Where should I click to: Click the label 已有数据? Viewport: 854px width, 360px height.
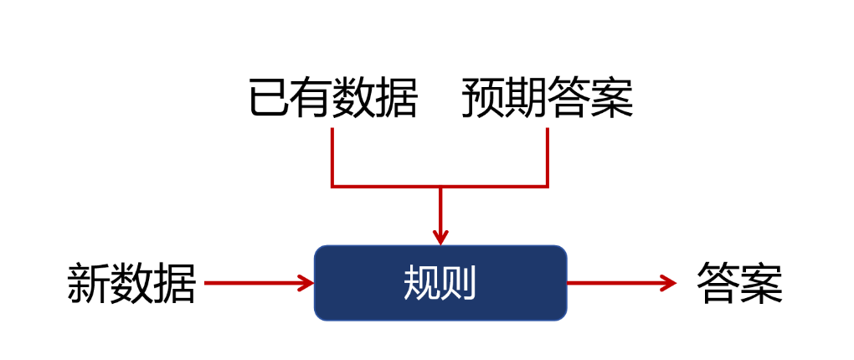332,98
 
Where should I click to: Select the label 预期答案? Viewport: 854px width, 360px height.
547,98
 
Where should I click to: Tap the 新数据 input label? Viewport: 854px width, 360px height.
131,284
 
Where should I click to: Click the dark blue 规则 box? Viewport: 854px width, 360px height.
440,283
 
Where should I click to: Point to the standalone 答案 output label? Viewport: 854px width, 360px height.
739,284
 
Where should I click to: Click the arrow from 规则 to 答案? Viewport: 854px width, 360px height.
620,283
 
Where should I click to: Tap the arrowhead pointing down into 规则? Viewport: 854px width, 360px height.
440,236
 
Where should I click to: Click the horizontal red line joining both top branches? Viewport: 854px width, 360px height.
440,186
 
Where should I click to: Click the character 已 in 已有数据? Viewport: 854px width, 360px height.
270,98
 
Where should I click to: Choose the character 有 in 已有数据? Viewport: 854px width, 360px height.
311,98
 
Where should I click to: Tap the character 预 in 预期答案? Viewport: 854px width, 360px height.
483,98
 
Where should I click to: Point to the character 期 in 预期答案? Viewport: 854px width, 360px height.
526,98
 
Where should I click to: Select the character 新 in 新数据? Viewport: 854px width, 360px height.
89,284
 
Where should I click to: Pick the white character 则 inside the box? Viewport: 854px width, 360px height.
459,284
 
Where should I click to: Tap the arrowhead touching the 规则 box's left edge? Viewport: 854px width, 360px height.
306,283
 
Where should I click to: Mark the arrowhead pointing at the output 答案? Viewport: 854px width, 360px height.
667,283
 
